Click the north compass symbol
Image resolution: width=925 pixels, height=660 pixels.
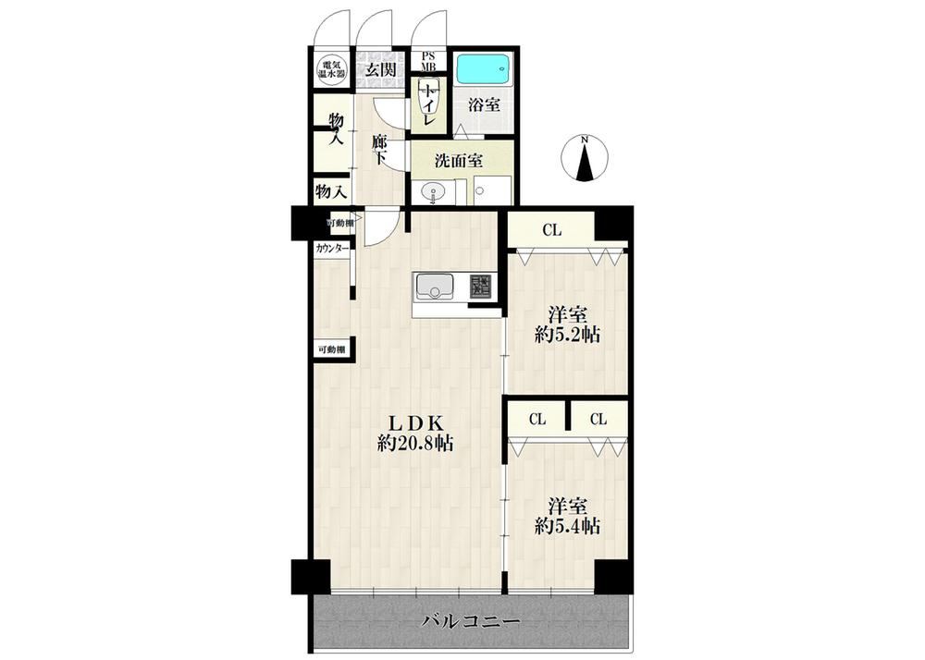584,158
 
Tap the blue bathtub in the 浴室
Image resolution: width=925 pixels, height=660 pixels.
484,70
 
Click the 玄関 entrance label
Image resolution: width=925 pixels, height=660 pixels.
379,70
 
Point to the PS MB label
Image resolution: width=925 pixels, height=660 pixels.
427,61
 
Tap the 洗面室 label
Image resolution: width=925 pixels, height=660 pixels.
459,161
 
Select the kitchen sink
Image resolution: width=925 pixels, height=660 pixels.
436,287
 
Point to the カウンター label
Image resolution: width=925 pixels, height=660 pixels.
332,249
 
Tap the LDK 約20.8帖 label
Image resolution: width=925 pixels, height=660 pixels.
415,434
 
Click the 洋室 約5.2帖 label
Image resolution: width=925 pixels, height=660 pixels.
568,324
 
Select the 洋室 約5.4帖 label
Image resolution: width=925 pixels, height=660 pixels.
568,516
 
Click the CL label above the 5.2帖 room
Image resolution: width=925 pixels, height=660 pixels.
551,230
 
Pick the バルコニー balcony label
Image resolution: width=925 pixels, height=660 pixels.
471,622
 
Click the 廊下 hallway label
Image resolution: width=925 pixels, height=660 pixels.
379,150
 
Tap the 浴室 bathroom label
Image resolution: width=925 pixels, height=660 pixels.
485,105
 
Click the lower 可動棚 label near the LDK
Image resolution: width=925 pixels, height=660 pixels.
332,349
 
